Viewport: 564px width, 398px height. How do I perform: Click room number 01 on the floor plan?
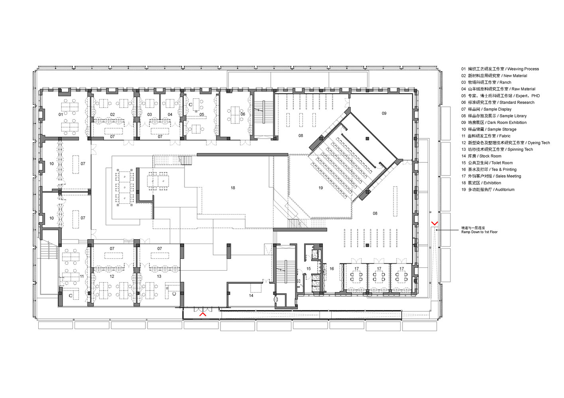point(61,115)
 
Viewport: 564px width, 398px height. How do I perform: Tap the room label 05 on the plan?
point(202,115)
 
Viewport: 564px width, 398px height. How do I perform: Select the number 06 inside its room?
point(243,114)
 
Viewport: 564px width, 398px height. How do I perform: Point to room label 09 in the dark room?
point(384,113)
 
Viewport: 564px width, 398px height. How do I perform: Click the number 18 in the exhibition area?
point(233,188)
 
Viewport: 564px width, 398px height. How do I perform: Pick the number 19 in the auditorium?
point(320,188)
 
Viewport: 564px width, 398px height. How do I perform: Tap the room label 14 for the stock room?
point(251,296)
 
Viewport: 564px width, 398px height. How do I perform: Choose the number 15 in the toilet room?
point(309,269)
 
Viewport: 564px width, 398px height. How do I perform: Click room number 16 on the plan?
point(332,269)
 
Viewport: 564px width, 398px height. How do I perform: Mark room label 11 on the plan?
point(82,276)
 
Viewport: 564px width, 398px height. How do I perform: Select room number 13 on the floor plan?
point(159,276)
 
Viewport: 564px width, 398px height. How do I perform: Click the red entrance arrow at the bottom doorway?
point(203,314)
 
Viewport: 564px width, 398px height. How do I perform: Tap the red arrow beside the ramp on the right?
point(434,223)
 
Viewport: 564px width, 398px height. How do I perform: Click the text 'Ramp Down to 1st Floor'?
point(479,232)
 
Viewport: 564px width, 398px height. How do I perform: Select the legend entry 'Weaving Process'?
point(523,69)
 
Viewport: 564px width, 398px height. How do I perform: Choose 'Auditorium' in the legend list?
point(505,190)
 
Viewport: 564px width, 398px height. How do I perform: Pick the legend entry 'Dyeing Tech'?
point(539,143)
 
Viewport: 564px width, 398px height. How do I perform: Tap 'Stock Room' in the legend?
point(490,156)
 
